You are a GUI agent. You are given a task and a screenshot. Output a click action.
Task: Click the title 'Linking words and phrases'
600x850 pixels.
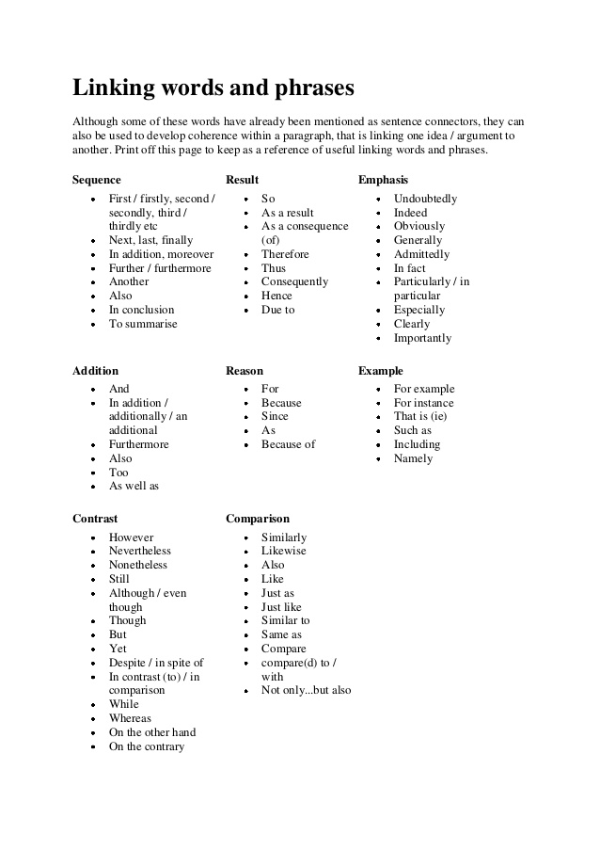point(213,88)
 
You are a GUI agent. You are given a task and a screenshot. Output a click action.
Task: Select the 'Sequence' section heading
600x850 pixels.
point(97,180)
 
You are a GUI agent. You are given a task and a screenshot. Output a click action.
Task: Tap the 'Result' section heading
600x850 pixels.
point(242,180)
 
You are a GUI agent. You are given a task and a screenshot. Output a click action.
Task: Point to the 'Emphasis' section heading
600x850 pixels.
point(383,180)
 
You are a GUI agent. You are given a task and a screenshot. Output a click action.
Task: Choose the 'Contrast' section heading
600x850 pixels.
point(95,519)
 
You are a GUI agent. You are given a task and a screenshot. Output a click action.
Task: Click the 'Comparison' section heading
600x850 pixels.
point(258,519)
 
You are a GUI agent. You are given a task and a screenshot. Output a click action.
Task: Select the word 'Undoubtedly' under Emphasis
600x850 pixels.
point(425,199)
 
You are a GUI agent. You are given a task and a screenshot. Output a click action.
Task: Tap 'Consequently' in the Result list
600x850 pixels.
point(294,281)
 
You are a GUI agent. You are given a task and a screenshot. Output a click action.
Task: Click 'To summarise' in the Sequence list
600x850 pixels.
point(143,324)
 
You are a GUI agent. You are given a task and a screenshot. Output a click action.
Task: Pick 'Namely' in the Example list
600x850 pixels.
point(413,458)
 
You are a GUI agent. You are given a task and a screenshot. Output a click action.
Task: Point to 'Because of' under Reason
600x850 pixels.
point(288,444)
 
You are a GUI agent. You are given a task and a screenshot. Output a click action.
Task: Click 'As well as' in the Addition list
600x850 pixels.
point(134,486)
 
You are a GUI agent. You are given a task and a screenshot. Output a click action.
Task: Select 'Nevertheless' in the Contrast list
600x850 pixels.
point(140,551)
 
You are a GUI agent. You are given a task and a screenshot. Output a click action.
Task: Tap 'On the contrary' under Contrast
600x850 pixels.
point(147,746)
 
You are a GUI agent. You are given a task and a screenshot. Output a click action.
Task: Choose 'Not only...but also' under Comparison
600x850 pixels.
point(306,690)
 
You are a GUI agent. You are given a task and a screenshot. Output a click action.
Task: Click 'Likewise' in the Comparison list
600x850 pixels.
point(283,551)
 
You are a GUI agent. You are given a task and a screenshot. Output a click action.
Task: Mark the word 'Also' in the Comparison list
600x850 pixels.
point(273,565)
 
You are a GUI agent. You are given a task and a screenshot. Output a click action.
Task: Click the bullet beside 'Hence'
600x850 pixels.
point(245,297)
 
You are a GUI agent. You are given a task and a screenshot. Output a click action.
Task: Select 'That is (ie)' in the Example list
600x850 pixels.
point(420,416)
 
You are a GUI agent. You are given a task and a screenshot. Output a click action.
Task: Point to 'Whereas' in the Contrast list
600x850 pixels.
point(130,718)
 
